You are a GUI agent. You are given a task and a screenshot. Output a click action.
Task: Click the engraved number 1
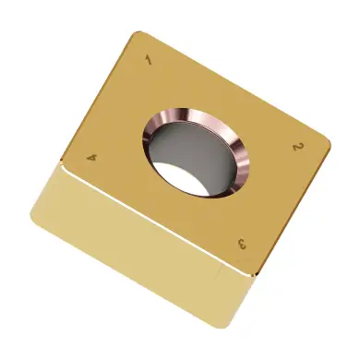149,60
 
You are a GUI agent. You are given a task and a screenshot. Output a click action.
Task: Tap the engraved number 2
296,147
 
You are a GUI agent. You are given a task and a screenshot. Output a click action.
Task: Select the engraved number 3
242,244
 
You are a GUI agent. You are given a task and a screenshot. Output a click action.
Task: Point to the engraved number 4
92,158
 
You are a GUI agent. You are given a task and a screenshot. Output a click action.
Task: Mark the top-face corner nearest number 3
256,274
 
